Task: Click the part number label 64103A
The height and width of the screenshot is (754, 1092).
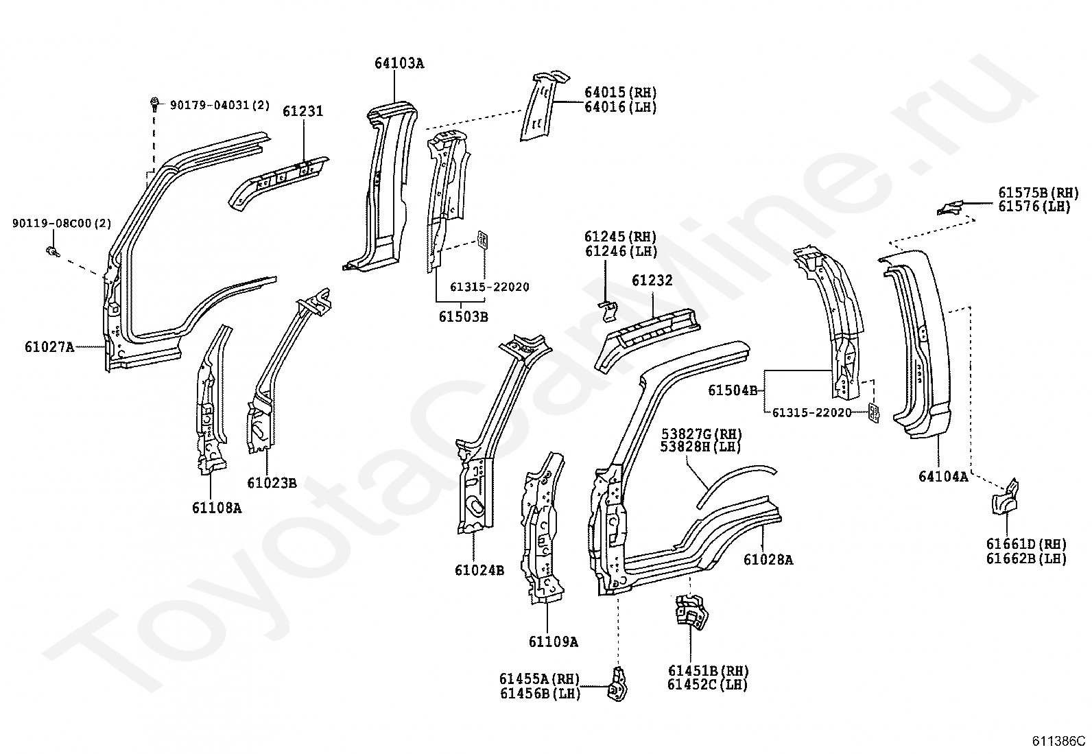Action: (399, 64)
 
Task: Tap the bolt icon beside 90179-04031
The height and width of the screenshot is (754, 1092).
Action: (154, 105)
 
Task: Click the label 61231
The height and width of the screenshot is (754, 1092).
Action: (302, 111)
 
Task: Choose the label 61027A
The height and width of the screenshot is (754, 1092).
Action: (49, 347)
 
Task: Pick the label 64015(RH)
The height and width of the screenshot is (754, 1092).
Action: (620, 93)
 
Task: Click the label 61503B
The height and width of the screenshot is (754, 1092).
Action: (463, 316)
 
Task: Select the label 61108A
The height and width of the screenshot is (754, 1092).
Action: (217, 508)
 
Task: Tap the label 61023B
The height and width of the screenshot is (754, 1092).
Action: (272, 483)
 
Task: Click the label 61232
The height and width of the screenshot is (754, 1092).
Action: (652, 281)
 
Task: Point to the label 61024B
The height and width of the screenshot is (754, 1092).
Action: (479, 570)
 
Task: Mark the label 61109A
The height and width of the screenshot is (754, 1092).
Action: (553, 642)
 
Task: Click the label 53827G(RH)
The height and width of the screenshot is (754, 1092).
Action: (701, 434)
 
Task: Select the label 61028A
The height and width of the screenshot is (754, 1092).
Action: (768, 560)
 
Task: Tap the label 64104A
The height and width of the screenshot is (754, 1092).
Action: (943, 476)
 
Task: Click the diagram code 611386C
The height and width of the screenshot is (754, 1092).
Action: (1059, 741)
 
